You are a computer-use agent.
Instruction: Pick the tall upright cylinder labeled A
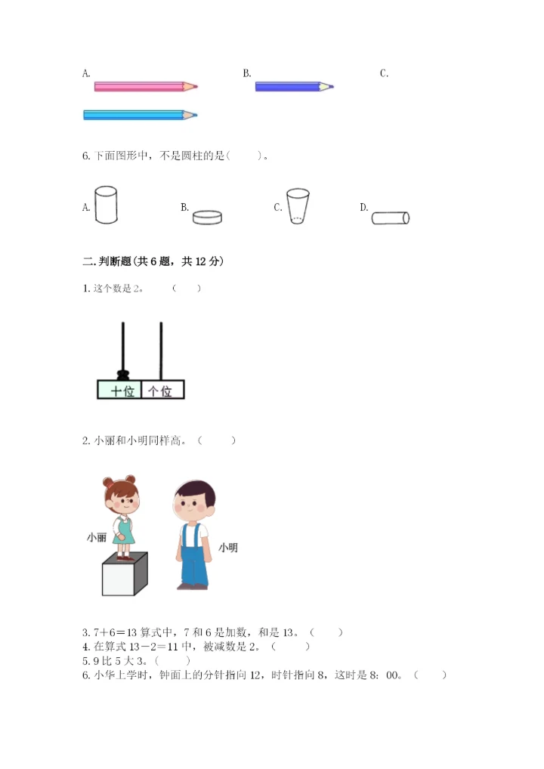[107, 205]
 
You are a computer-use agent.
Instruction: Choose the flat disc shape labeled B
[207, 218]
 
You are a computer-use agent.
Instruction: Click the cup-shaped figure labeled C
[298, 206]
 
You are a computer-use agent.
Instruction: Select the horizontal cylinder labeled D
[391, 218]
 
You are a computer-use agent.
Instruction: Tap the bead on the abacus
[122, 374]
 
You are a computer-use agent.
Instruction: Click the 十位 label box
[119, 391]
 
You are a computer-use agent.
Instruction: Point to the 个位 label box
[162, 391]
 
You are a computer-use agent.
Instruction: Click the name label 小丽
[96, 538]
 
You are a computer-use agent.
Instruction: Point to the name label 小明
[227, 548]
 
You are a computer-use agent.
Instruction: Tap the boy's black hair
[196, 490]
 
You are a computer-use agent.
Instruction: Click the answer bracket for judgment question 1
[186, 288]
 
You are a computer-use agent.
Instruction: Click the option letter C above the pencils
[384, 73]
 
